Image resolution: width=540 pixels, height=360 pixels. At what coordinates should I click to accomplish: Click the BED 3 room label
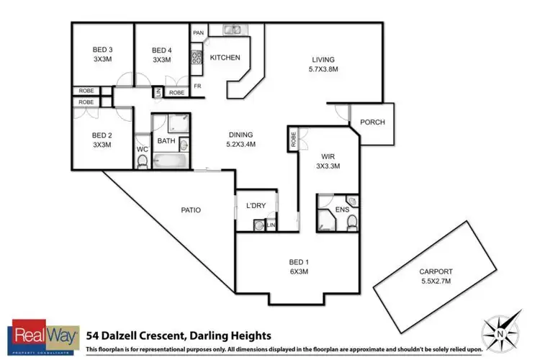coord(102,55)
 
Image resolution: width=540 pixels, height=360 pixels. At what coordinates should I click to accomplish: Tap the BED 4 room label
coord(162,55)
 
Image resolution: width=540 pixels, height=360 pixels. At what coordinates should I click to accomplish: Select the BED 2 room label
coord(102,140)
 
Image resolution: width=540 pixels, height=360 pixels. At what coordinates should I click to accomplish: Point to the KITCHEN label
coord(225,58)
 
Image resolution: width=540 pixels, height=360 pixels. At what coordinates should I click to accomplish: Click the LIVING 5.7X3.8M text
coord(324,64)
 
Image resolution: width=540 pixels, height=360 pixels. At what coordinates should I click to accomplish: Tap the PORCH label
coord(372,122)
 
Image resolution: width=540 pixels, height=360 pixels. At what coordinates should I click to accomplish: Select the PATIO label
coord(190,210)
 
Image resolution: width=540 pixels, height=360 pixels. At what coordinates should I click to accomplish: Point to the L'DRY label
coord(256,206)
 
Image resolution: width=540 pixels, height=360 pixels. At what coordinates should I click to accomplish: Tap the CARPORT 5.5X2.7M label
coord(437,276)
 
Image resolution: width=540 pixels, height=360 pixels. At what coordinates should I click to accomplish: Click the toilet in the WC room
coord(142,162)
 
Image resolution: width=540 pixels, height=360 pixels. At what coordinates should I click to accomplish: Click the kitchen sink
coord(233,30)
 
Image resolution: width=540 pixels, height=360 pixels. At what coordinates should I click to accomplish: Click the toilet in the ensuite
coord(351,222)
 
